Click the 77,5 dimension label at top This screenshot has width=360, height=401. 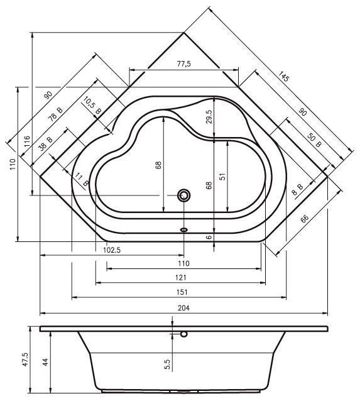coord(184,63)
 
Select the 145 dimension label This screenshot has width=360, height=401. coord(283,77)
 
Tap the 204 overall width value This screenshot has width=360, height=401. coord(183,308)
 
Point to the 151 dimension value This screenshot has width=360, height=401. coord(182,292)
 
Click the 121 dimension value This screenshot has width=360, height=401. coord(181,277)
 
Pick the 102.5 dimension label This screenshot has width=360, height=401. coord(112,250)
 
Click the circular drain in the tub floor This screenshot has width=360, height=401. coord(183,195)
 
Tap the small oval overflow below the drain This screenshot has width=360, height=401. coord(183,229)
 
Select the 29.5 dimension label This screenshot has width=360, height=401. coord(209,117)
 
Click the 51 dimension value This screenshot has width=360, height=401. coord(222,177)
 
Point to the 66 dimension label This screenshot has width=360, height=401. coord(304,219)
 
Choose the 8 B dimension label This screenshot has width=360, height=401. coord(298,189)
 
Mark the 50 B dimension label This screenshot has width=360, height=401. coord(314,140)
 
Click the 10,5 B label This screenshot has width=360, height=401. coord(92,106)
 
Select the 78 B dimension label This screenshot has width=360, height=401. coord(55,114)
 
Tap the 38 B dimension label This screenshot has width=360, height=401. coord(46,143)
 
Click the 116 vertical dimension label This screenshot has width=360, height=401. coord(27,141)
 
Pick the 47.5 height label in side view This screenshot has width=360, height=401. coord(25,360)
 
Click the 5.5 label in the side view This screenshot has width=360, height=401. coord(167,364)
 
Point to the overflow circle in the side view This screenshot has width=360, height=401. coord(183,334)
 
